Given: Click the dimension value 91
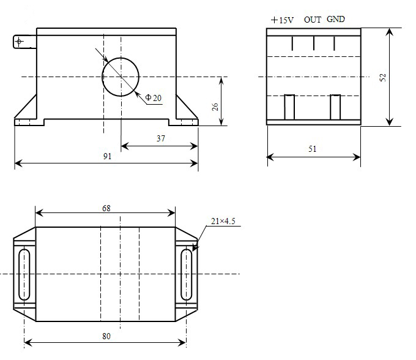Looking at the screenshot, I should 107,157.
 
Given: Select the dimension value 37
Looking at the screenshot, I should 161,139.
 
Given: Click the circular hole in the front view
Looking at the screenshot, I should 120,77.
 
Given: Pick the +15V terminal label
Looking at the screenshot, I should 282,20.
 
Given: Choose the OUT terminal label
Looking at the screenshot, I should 313,20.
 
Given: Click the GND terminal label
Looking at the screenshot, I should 336,19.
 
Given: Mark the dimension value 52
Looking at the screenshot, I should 383,77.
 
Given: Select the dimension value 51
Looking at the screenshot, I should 313,149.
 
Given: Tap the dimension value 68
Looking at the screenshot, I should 106,208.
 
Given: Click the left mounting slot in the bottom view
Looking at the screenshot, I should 24,274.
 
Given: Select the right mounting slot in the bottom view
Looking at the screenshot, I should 186,274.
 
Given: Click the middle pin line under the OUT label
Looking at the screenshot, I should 313,43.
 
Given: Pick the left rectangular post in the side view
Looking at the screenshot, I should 290,107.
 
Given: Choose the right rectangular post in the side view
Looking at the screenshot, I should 335,107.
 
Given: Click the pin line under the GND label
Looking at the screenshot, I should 334,43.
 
